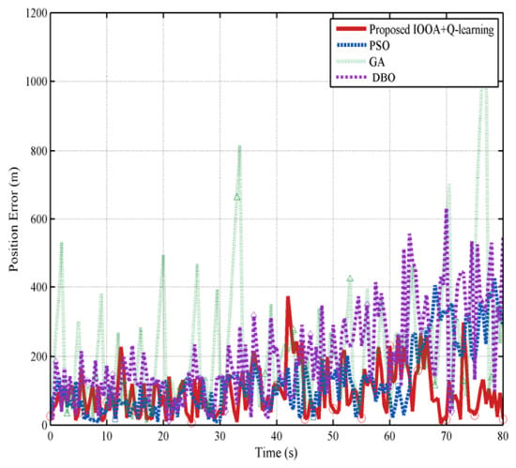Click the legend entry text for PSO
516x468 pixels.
[x=379, y=45]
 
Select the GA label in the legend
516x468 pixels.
[x=376, y=62]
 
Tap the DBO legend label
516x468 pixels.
[x=384, y=78]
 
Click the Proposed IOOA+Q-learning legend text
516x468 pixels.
[x=432, y=29]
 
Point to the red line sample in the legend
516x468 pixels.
[x=351, y=29]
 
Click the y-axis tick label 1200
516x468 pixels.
[x=37, y=13]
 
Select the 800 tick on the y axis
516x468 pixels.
[x=38, y=151]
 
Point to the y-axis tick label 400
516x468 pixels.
[x=38, y=287]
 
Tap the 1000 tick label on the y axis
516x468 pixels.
[x=37, y=82]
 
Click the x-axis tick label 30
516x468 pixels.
[x=220, y=436]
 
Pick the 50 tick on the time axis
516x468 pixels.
[x=333, y=436]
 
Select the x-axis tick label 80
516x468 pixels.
[x=503, y=436]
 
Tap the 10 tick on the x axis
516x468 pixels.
[x=107, y=436]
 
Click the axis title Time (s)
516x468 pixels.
[x=277, y=453]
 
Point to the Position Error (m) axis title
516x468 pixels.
[x=13, y=219]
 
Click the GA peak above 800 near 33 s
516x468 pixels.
[x=239, y=146]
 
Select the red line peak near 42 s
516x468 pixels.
[x=288, y=297]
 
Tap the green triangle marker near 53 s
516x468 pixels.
[x=350, y=279]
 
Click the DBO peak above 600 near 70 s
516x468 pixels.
[x=447, y=209]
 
